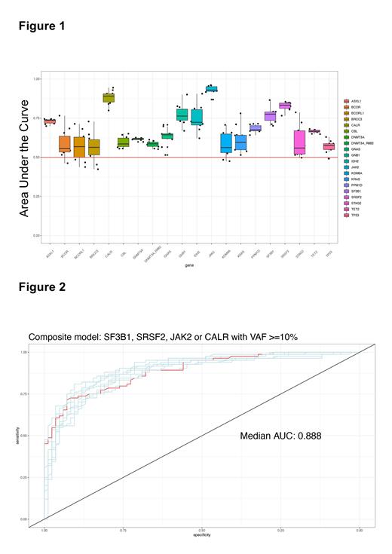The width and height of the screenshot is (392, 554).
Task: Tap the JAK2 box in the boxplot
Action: coord(211,89)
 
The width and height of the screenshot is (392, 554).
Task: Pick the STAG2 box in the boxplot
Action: coord(299,141)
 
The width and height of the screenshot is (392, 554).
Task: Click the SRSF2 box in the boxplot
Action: coord(284,106)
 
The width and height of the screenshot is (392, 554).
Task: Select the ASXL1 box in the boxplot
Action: coord(50,121)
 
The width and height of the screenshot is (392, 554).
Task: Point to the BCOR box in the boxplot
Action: coord(64,144)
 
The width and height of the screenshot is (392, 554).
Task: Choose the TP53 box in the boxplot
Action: coord(329,146)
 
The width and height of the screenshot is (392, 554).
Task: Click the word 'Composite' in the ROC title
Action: coord(51,337)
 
